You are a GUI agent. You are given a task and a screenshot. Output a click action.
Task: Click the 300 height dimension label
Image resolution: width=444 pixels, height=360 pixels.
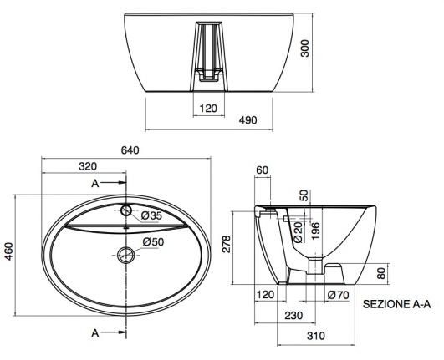coord(305,48)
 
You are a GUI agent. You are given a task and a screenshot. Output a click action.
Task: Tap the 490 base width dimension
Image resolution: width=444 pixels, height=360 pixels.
coord(248,120)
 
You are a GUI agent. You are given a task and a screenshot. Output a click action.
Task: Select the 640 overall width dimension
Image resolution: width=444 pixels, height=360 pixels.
coord(130,150)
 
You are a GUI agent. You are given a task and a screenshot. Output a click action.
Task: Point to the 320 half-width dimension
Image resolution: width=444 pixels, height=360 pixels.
coord(88,166)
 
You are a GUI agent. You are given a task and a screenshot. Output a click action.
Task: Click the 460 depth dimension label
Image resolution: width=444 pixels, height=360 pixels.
coord(9,251)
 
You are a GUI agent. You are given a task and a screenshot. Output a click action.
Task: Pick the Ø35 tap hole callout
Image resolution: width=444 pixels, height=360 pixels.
coord(151,215)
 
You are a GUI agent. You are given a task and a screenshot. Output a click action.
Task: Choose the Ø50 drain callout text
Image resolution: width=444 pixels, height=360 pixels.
coord(153,241)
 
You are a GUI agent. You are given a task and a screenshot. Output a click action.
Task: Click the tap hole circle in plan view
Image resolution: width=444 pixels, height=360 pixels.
coord(126,210)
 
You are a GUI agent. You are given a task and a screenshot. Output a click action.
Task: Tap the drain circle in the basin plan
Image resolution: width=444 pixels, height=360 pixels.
coord(125,255)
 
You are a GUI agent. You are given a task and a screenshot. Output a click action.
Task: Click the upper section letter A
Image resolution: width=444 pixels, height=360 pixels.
coord(95,184)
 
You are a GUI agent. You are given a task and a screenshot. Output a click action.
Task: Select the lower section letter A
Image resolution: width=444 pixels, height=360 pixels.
coord(95,333)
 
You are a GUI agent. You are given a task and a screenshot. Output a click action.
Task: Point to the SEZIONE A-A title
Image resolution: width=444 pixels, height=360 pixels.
coord(396,304)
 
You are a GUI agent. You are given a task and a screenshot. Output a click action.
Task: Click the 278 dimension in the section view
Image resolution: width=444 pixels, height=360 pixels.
coord(227,244)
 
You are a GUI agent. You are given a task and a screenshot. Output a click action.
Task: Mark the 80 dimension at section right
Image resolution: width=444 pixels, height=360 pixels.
coord(382,273)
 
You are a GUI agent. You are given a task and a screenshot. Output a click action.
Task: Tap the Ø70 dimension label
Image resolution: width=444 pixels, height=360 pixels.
coord(338,295)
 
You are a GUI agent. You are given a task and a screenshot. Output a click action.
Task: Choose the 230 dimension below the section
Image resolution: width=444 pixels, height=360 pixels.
coord(293,316)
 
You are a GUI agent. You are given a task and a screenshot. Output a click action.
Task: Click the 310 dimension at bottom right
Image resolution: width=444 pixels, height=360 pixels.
coord(316,336)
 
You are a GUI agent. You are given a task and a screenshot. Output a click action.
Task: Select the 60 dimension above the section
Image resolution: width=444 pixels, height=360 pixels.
coord(263,170)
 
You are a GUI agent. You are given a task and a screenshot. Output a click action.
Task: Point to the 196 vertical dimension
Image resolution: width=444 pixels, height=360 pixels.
coord(315,231)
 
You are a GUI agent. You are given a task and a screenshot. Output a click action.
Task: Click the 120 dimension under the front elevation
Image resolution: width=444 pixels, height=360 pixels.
coord(208,109)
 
